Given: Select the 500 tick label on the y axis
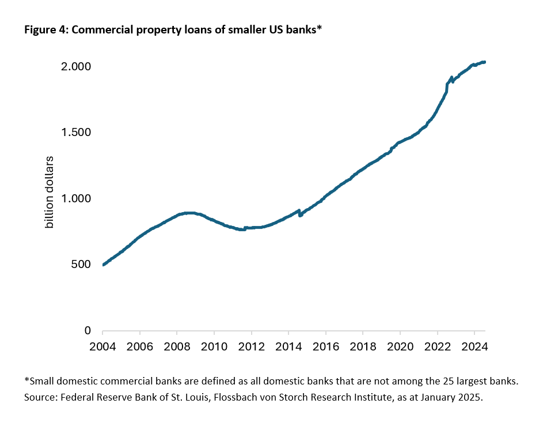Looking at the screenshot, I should click(x=80, y=265).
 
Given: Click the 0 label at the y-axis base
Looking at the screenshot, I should click(x=88, y=330).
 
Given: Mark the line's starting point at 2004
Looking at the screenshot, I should click(x=103, y=265).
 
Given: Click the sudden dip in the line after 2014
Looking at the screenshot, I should click(x=299, y=215).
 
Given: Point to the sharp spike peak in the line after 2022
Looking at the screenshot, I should click(x=451, y=77).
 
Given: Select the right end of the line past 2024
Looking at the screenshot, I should click(x=484, y=62).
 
